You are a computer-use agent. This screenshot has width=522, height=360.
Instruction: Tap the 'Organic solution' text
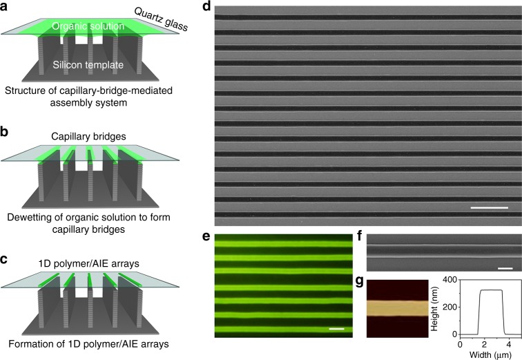pyautogui.click(x=93, y=27)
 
